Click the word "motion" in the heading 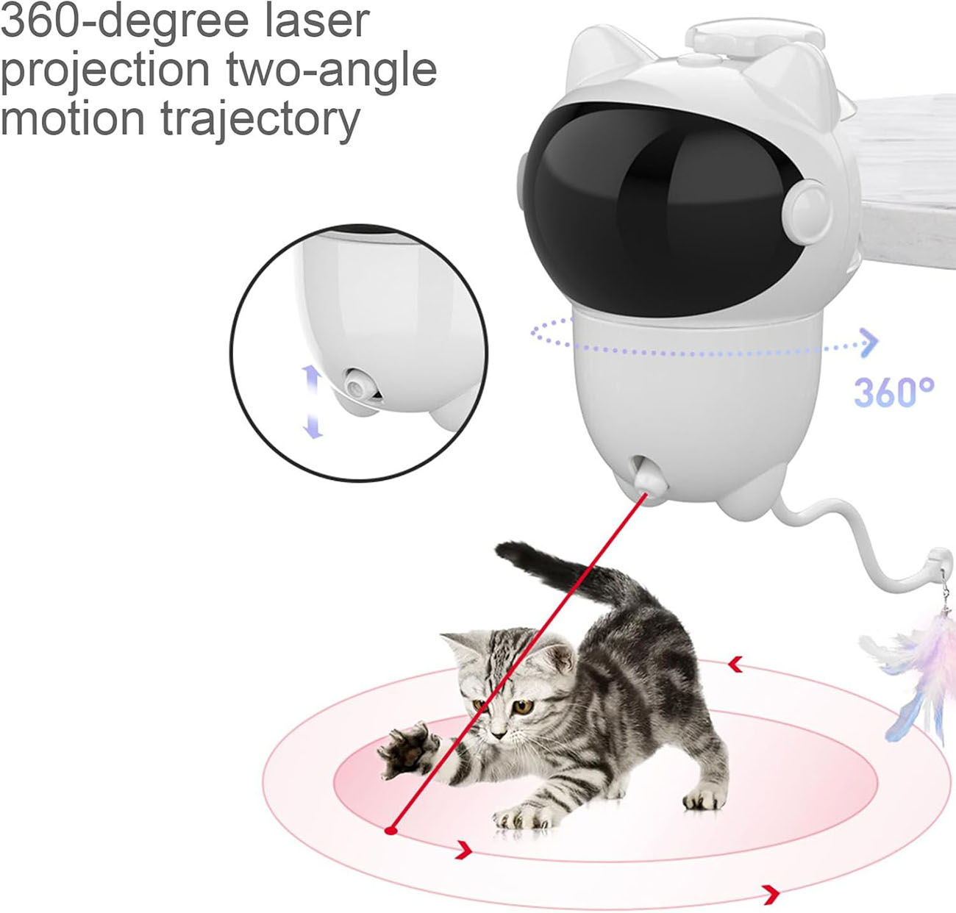[x=72, y=118]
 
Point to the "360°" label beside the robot [x=893, y=392]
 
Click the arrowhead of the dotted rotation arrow [x=868, y=343]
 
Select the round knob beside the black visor [x=808, y=209]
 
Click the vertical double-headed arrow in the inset [x=313, y=401]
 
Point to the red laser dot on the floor [x=391, y=831]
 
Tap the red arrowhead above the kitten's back [x=735, y=665]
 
